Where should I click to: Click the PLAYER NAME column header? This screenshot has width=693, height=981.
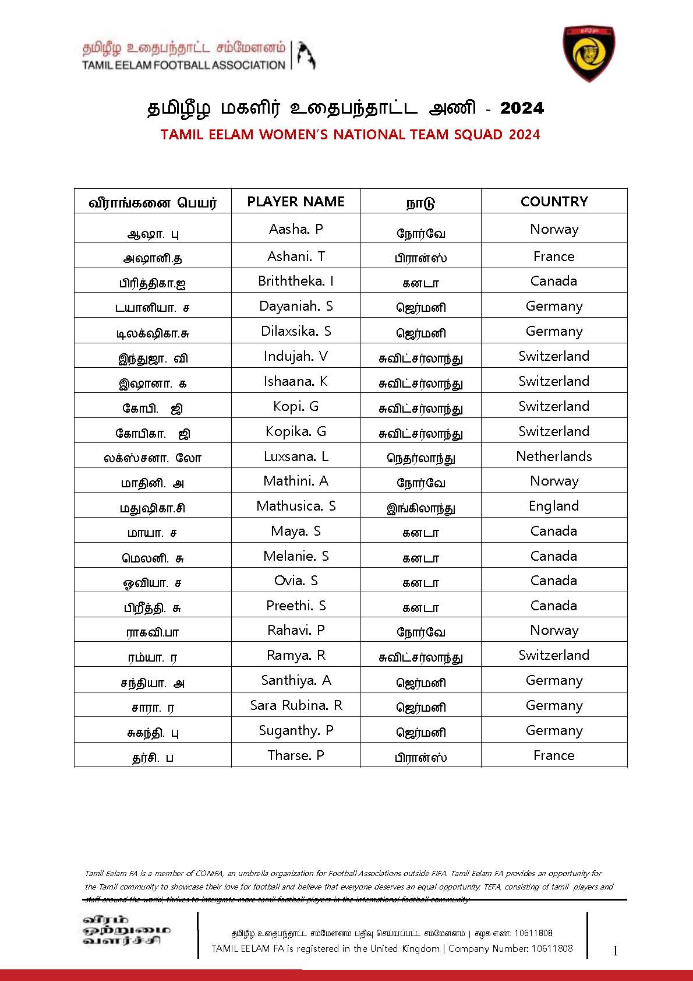tap(296, 202)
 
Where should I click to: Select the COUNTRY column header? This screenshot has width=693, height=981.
tap(554, 202)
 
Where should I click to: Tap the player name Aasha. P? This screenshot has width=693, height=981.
tap(296, 229)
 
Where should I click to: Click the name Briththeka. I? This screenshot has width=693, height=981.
tap(296, 281)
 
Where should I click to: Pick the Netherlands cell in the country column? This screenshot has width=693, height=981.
tap(554, 456)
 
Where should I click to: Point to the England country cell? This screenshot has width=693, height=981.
tap(554, 506)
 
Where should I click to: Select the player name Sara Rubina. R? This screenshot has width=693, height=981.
tap(296, 705)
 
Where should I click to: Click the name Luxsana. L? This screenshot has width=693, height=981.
tap(296, 456)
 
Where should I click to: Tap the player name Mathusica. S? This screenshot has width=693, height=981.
tap(296, 506)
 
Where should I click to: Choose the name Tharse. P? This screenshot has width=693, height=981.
tap(296, 755)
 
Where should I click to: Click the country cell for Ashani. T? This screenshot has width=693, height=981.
tap(554, 256)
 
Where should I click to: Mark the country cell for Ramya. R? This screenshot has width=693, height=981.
tap(554, 655)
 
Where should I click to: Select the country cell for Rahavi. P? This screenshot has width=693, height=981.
tap(554, 630)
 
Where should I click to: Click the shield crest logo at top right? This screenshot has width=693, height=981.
tap(589, 54)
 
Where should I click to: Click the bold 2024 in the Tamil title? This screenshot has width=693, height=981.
tap(522, 108)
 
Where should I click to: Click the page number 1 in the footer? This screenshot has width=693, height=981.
tap(616, 951)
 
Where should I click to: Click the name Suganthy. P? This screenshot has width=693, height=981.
tap(296, 730)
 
